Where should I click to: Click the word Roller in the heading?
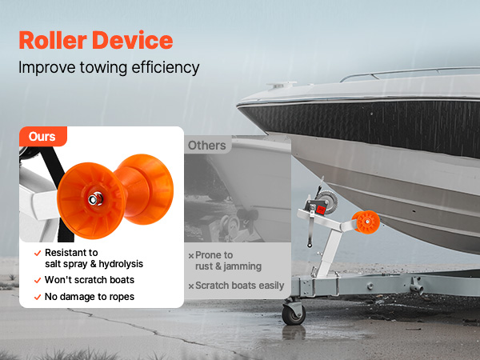(x=53, y=40)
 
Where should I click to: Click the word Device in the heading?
(x=133, y=40)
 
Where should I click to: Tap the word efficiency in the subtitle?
(x=166, y=68)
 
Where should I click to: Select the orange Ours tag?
(x=43, y=137)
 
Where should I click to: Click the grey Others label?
(x=207, y=146)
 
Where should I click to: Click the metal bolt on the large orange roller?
(x=95, y=199)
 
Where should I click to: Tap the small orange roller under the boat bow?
(x=366, y=222)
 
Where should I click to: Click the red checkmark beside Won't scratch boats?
(x=38, y=281)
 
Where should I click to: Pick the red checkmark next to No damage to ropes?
(x=38, y=297)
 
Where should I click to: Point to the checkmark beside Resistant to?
(x=38, y=253)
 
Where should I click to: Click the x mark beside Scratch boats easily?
(x=191, y=286)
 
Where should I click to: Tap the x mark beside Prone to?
(x=191, y=256)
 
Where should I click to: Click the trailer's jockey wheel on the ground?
(x=294, y=314)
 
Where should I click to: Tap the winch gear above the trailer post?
(x=327, y=200)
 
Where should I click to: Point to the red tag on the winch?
(x=320, y=210)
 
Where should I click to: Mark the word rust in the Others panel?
(x=204, y=266)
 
